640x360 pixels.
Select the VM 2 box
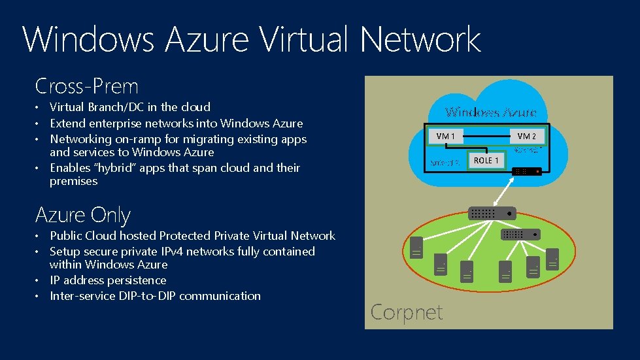pos(526,136)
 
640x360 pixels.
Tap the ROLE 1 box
pos(486,160)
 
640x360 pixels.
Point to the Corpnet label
pos(406,312)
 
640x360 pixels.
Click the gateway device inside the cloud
pos(527,171)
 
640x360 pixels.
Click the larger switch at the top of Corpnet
pos(492,213)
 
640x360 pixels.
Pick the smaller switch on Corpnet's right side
pos(520,234)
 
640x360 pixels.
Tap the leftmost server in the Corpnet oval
pos(416,248)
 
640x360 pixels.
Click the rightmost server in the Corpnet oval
pos(553,257)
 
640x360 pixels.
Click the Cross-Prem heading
pos(86,86)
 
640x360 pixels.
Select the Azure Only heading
pos(83,215)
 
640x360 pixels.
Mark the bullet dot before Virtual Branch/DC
pos(39,108)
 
